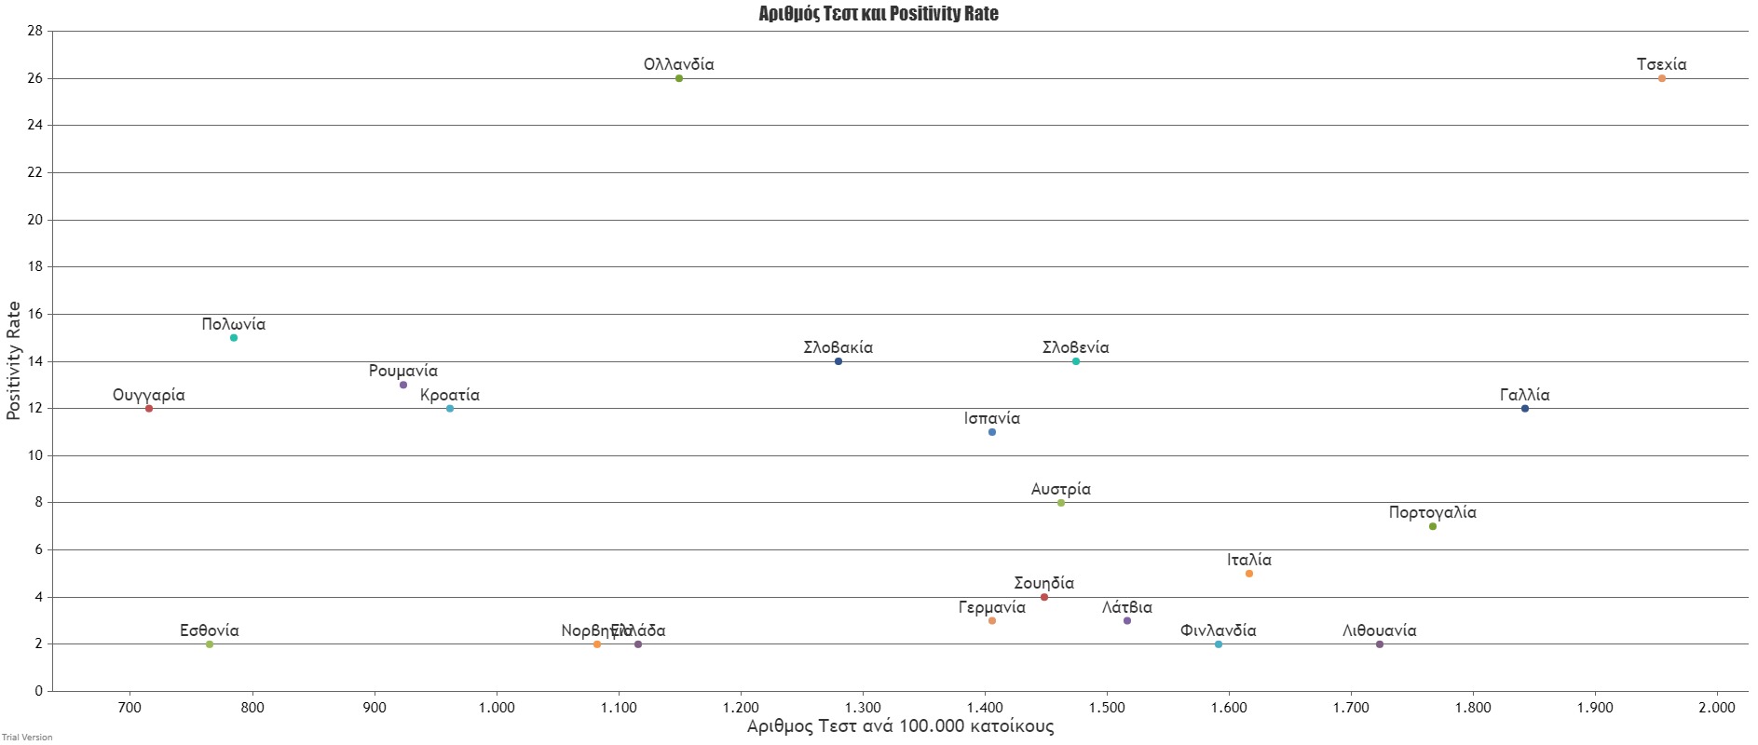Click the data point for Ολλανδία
click(679, 78)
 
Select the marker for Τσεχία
click(1661, 78)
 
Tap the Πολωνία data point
click(234, 338)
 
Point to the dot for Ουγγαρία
click(149, 409)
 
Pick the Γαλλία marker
click(1524, 409)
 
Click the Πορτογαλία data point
click(1432, 527)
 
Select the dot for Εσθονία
click(210, 644)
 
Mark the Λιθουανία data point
click(1379, 644)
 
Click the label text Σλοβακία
click(838, 347)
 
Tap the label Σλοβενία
click(1075, 347)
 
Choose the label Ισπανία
click(991, 418)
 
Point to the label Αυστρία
click(1060, 489)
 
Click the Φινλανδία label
click(1218, 630)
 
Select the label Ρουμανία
click(402, 371)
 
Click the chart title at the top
click(878, 14)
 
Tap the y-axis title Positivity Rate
click(14, 360)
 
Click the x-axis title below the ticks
click(900, 726)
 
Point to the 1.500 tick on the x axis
click(1107, 708)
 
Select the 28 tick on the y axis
click(34, 31)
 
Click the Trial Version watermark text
click(27, 738)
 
